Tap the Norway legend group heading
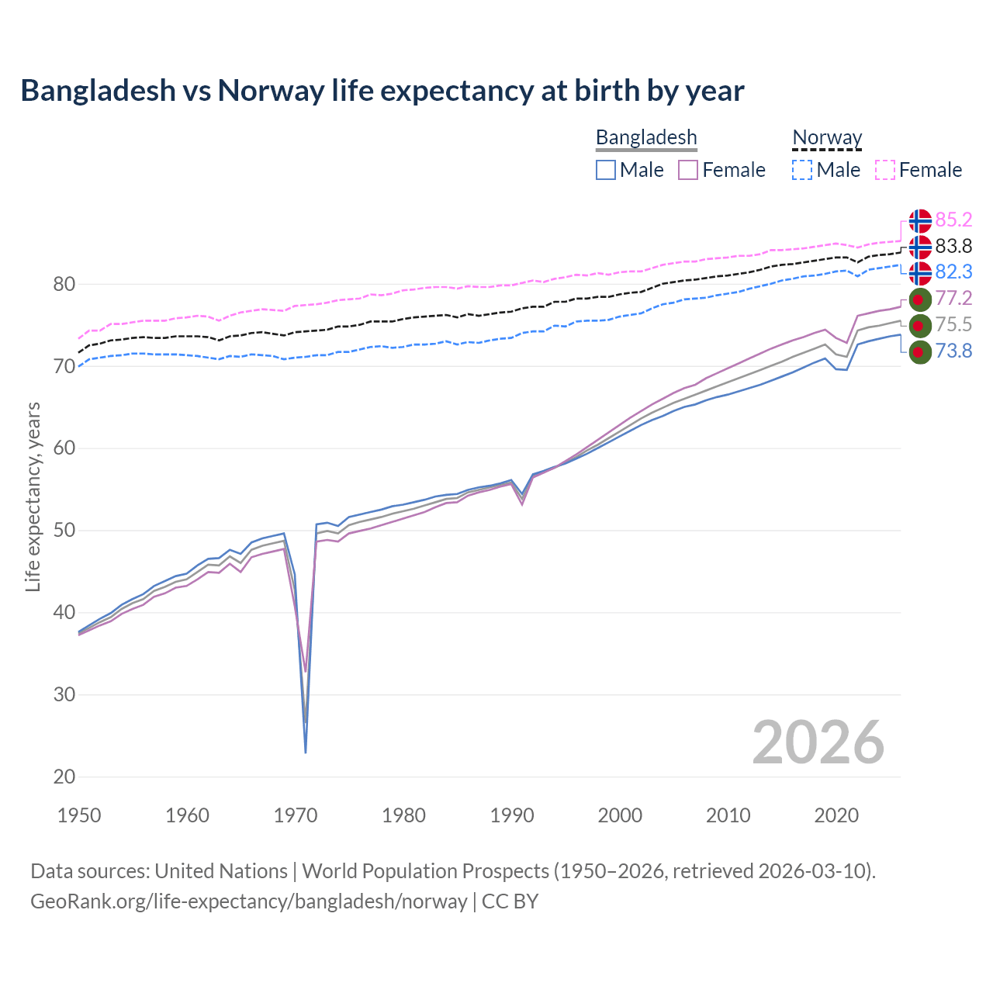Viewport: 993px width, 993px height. pyautogui.click(x=827, y=138)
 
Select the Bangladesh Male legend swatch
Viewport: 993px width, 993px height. pyautogui.click(x=606, y=170)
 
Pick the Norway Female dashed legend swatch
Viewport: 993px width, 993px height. pyautogui.click(x=885, y=170)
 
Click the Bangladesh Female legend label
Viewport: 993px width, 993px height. pyautogui.click(x=733, y=170)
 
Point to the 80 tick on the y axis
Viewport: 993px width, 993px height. pyautogui.click(x=64, y=285)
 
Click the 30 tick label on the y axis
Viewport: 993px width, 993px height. pyautogui.click(x=64, y=694)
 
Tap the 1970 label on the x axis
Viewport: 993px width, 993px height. pyautogui.click(x=296, y=815)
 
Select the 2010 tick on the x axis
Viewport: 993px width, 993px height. pyautogui.click(x=728, y=815)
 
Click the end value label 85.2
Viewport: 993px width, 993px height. pyautogui.click(x=953, y=220)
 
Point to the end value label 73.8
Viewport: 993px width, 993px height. pyautogui.click(x=953, y=351)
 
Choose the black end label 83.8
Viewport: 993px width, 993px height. pyautogui.click(x=953, y=247)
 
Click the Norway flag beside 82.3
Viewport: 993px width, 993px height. pyautogui.click(x=920, y=273)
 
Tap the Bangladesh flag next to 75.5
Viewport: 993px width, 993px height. pyautogui.click(x=920, y=325)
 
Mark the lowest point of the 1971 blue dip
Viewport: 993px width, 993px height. pyautogui.click(x=306, y=752)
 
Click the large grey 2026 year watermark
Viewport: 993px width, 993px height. pyautogui.click(x=818, y=743)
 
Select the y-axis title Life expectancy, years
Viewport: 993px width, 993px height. pyautogui.click(x=33, y=496)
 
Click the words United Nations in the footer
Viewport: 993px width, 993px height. pyautogui.click(x=221, y=871)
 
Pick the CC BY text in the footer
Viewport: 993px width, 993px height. pyautogui.click(x=510, y=901)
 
